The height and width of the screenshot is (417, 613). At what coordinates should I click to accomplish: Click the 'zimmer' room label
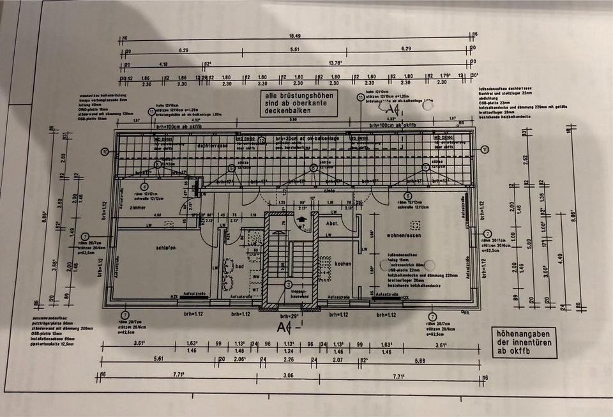(x=138, y=208)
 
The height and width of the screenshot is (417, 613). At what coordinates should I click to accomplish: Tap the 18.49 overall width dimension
(x=295, y=36)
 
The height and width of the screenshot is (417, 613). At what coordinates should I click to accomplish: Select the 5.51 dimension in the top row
(x=295, y=50)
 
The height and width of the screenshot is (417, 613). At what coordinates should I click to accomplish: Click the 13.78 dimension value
(x=335, y=64)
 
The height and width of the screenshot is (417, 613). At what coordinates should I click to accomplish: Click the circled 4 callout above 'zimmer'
(x=144, y=186)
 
